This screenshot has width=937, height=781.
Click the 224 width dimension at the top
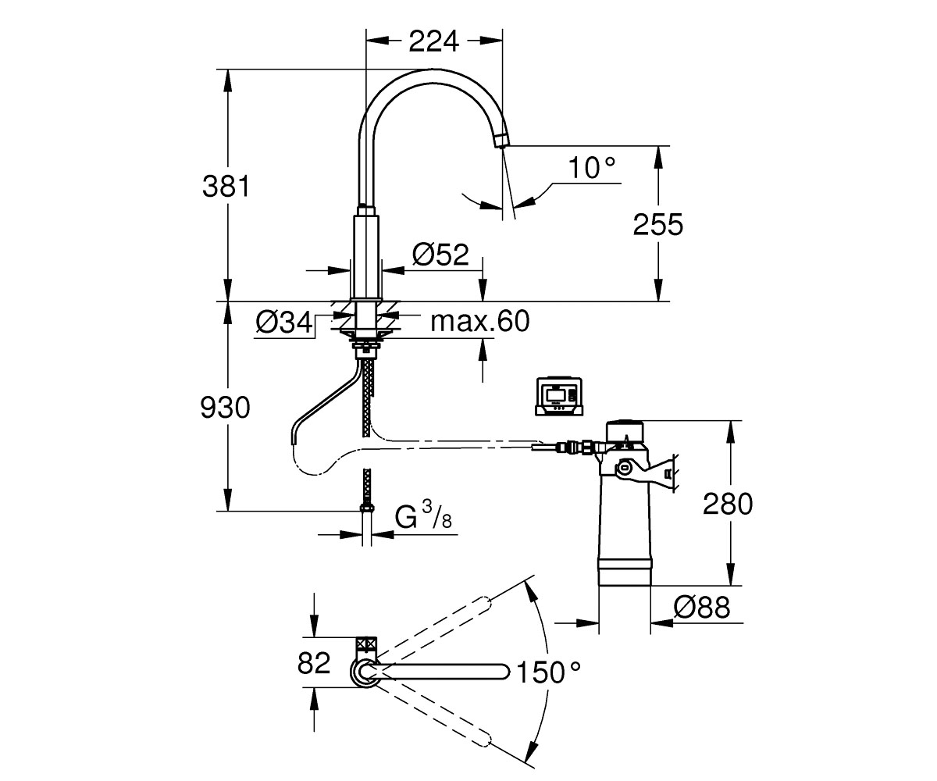tap(433, 41)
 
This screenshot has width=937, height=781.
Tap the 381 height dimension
tap(226, 187)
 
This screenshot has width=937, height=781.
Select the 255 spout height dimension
tap(658, 224)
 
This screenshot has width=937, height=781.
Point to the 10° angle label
tap(592, 168)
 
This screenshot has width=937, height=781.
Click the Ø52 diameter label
tap(440, 255)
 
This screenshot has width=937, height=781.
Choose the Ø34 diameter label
tap(284, 323)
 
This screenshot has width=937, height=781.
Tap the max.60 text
tap(480, 321)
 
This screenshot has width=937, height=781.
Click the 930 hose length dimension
tap(225, 408)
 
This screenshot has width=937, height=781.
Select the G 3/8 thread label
tap(423, 515)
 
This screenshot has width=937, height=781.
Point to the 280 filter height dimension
tap(728, 504)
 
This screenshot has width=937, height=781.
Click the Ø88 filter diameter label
tap(702, 608)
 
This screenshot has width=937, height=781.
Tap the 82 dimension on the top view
tap(314, 663)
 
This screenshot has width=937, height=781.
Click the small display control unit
tap(559, 396)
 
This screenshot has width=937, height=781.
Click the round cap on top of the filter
tap(624, 431)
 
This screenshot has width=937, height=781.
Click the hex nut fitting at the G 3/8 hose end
tap(367, 508)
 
